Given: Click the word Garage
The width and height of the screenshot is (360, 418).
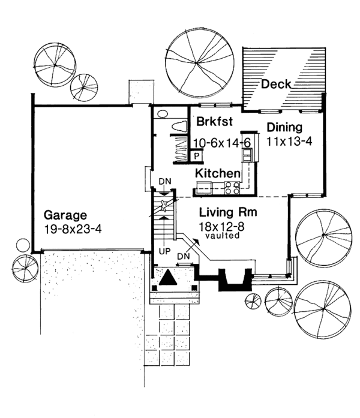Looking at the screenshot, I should pos(66,215).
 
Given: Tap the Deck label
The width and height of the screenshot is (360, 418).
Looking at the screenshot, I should pos(276,85).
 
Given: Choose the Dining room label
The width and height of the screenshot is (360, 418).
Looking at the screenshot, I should pos(284,128).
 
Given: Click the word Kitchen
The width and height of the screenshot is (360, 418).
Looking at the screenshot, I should pos(218,173).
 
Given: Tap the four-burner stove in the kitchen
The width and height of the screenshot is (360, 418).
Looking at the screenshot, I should pos(232,188).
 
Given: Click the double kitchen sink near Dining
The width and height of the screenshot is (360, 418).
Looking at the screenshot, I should pos(247,155).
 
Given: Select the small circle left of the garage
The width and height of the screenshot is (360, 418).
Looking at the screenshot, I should pos(22,245).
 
